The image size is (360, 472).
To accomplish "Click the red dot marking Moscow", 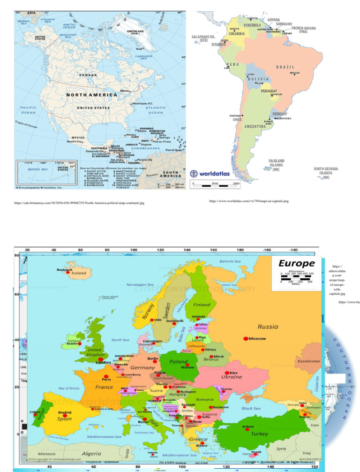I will (x=246, y=338).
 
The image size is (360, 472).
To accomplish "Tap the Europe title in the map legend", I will (x=296, y=263).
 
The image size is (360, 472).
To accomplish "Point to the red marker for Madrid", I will (x=65, y=416).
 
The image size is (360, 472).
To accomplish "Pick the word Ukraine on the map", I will (x=232, y=377).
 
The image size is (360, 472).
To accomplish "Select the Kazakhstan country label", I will (x=308, y=362).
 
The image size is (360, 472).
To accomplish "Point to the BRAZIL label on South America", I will (x=285, y=67).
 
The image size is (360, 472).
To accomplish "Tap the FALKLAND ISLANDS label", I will (x=276, y=165).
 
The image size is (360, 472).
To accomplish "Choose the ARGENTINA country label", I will (x=255, y=127).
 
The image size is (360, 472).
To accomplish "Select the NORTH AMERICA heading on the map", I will (x=91, y=95).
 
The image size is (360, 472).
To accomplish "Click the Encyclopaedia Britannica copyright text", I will (x=38, y=187).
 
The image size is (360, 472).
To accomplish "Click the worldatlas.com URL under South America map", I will (x=248, y=201).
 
